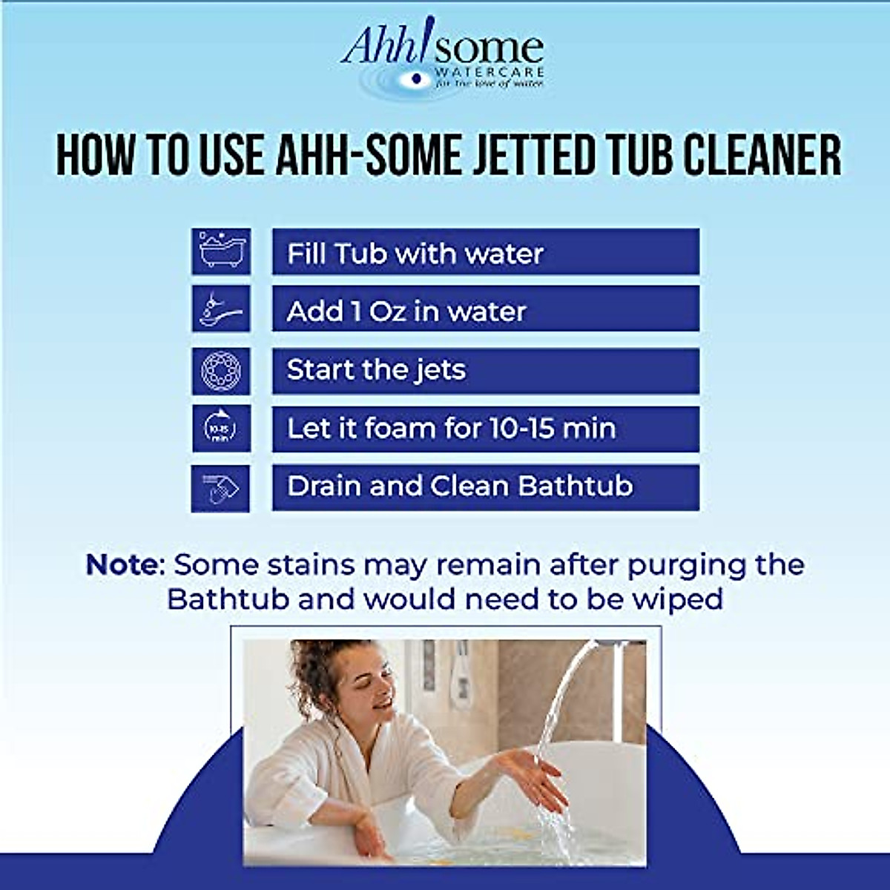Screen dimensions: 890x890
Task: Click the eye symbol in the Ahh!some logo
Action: [416, 78]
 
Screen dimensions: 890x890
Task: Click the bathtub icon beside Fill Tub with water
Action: [221, 252]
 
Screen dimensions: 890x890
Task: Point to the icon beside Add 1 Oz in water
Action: [221, 309]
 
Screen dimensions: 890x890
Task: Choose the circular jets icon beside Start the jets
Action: [221, 371]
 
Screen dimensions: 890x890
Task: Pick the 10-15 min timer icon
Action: [221, 429]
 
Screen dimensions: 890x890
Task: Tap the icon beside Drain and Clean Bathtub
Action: [221, 488]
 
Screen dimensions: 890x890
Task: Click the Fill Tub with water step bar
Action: [485, 252]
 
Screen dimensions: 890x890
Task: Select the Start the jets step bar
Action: [485, 371]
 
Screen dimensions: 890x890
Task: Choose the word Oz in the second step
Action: [387, 311]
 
